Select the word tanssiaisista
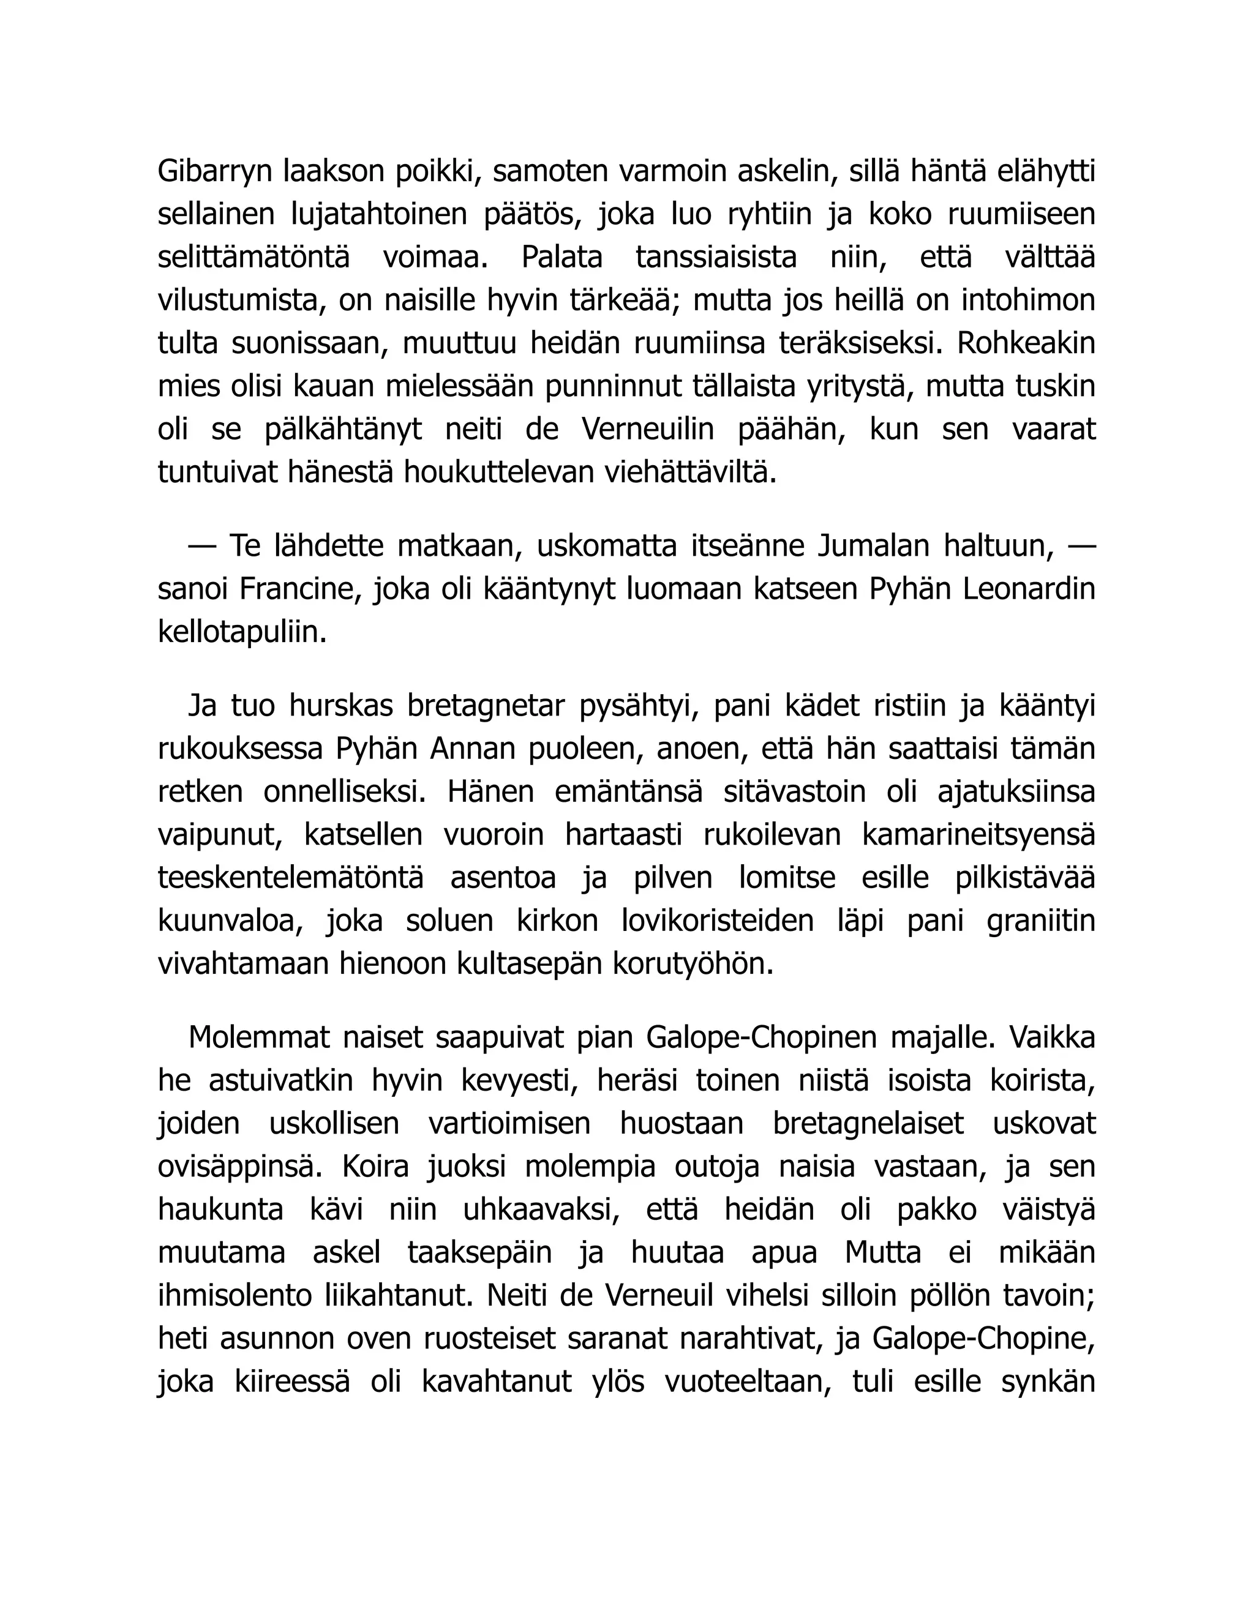pyautogui.click(x=716, y=258)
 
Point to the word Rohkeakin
pyautogui.click(x=1027, y=344)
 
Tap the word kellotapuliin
pyautogui.click(x=242, y=632)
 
